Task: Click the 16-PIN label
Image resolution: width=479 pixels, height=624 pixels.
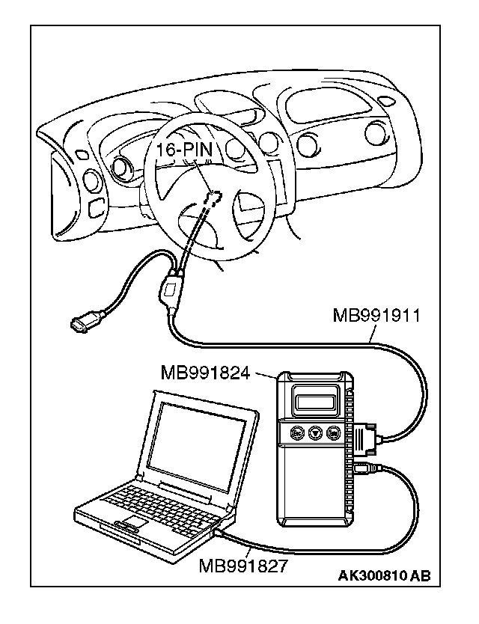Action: click(x=184, y=150)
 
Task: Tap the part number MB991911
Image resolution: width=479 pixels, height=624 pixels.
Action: click(x=376, y=316)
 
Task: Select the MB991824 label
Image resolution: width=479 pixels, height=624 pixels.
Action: click(x=204, y=372)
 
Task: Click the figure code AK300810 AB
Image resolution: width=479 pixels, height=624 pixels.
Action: click(x=385, y=575)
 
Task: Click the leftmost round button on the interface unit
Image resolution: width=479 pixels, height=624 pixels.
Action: click(x=296, y=433)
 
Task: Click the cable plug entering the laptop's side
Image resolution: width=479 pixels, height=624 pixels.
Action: click(x=219, y=533)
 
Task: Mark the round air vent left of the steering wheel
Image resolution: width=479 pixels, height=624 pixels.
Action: click(x=93, y=180)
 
